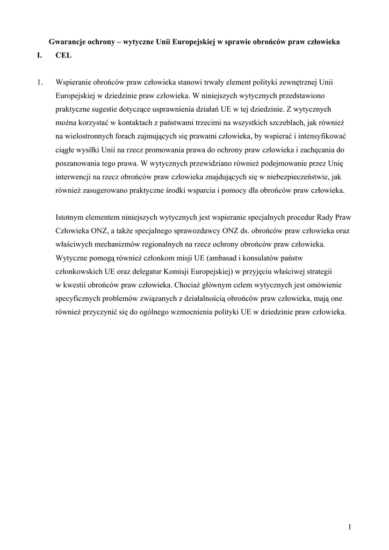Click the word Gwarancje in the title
pos(68,42)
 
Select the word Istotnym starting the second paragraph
pos(71,218)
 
